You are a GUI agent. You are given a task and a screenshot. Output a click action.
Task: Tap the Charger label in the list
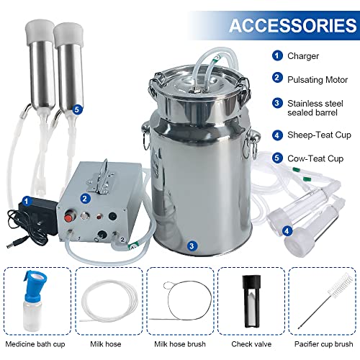click(302, 55)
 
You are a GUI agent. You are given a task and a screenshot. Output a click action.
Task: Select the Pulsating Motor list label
click(315, 80)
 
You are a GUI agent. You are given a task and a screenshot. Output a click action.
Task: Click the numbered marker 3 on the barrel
click(192, 246)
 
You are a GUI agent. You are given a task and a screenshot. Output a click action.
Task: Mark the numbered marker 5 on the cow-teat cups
click(77, 109)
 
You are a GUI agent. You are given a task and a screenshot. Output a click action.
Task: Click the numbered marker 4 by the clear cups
click(287, 232)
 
